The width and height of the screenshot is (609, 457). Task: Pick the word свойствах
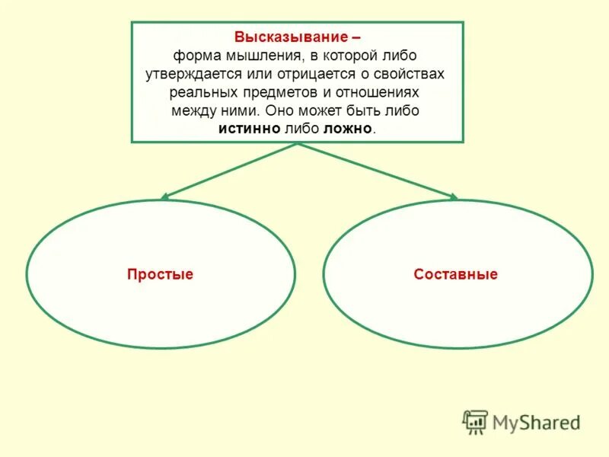[407, 75]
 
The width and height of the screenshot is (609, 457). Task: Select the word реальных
[202, 92]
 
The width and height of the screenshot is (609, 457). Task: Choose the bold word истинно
[250, 129]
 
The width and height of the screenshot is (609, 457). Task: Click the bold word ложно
[348, 129]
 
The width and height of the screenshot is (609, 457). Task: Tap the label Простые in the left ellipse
[160, 274]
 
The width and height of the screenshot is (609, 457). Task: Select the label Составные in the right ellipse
[456, 274]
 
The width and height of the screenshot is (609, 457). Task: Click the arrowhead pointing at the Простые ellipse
[164, 197]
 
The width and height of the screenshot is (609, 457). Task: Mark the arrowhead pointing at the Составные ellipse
[454, 197]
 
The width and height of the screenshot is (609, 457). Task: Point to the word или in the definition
[251, 75]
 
